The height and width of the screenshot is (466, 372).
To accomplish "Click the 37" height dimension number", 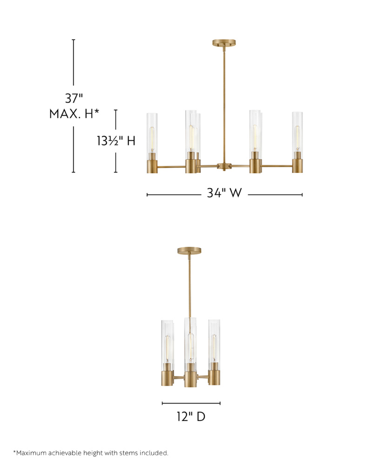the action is point(74,98).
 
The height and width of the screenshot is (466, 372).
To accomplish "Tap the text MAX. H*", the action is point(74,114).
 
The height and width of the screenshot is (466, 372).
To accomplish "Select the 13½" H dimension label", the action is point(116,141).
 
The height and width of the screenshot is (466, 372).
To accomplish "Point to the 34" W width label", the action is point(224,193).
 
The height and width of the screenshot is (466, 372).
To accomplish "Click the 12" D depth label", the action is point(191,416).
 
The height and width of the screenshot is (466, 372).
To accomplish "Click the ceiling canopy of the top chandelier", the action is point(224,42).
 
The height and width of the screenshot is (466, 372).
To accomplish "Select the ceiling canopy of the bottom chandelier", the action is point(189,251).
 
